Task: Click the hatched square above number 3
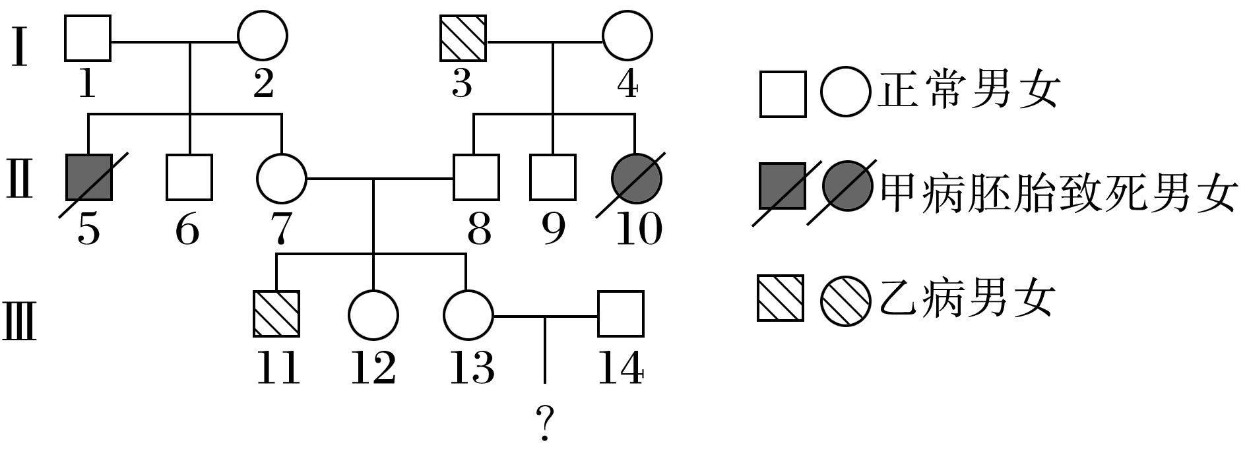[463, 37]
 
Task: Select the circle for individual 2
[263, 37]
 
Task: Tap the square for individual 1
[88, 37]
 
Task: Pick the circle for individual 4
[627, 37]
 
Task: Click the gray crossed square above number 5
[89, 177]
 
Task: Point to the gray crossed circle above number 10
[637, 177]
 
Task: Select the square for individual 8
[476, 177]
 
